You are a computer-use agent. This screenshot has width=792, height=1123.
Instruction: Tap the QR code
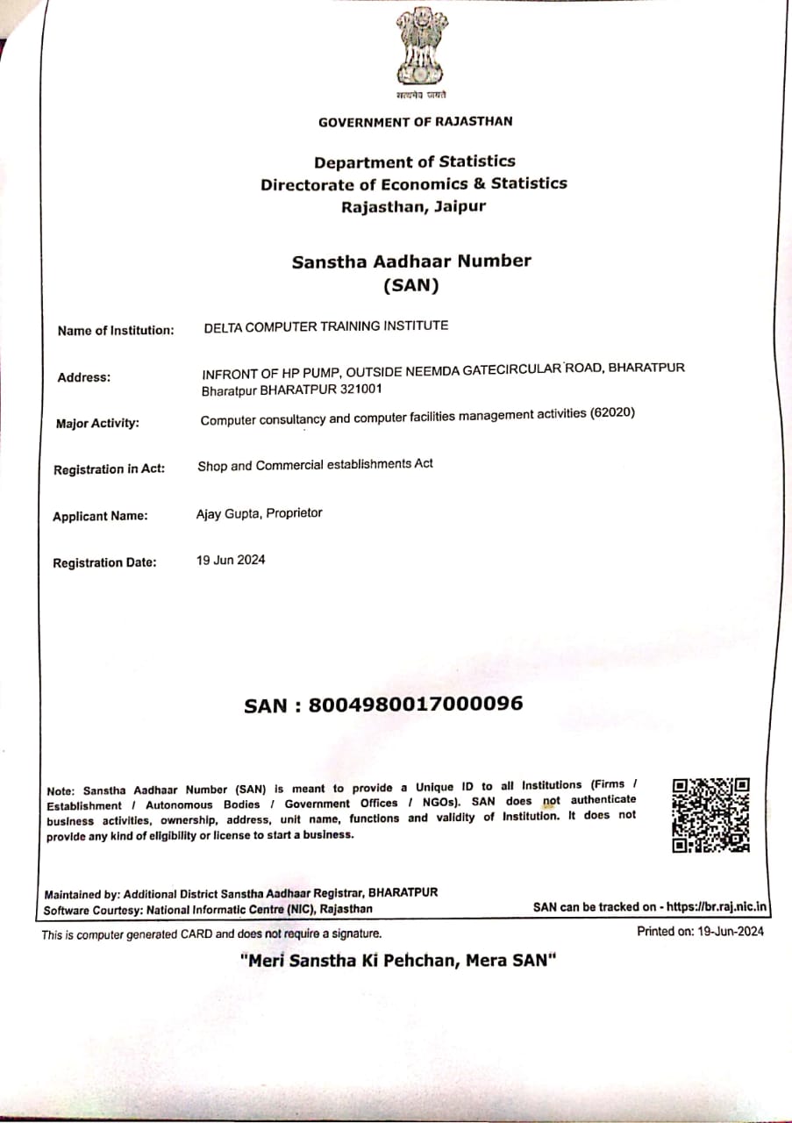tap(710, 814)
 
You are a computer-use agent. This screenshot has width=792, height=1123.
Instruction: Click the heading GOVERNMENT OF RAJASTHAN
tap(416, 122)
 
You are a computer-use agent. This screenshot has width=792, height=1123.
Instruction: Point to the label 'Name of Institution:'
tap(116, 331)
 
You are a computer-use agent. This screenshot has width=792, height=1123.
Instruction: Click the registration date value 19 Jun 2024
tap(231, 560)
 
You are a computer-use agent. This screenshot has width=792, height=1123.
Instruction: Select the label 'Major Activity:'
tap(97, 424)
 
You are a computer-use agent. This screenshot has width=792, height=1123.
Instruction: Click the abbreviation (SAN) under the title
tap(411, 285)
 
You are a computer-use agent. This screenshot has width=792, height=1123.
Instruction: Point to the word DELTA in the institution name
tap(224, 326)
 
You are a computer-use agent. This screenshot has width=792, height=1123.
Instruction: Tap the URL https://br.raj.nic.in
tap(717, 907)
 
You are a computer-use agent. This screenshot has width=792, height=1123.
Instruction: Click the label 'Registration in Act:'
tap(109, 469)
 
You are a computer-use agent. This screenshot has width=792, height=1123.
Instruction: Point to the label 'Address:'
tap(84, 378)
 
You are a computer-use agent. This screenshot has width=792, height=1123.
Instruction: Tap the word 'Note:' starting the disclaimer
tap(61, 791)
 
